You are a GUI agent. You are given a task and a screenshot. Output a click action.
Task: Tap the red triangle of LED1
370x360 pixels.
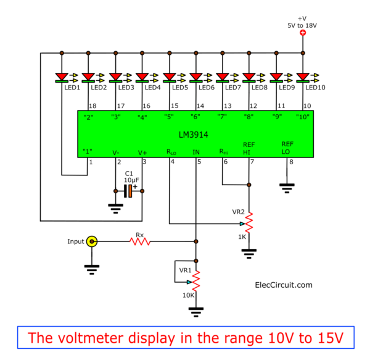coord(62,76)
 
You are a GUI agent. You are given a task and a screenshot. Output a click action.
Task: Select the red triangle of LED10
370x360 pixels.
coord(302,76)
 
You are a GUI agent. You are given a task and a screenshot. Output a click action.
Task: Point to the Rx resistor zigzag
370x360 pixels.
coord(140,241)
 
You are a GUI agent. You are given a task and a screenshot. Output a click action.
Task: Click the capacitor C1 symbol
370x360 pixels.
coord(128,191)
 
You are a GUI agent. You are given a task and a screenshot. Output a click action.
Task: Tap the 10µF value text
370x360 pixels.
coord(132,180)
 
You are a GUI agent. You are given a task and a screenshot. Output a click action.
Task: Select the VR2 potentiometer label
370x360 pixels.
coord(239,212)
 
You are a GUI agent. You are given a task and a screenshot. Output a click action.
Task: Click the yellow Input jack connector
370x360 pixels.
coord(92,241)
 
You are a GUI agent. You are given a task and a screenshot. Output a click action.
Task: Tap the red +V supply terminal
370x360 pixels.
coord(302,32)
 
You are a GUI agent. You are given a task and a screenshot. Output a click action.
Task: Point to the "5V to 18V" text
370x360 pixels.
coord(303,24)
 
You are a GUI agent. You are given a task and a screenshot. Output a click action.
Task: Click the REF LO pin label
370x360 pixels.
coord(287,147)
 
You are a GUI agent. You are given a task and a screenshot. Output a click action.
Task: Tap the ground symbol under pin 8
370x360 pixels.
coord(286,186)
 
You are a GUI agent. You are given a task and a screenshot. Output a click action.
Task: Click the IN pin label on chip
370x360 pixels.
coord(196,151)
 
